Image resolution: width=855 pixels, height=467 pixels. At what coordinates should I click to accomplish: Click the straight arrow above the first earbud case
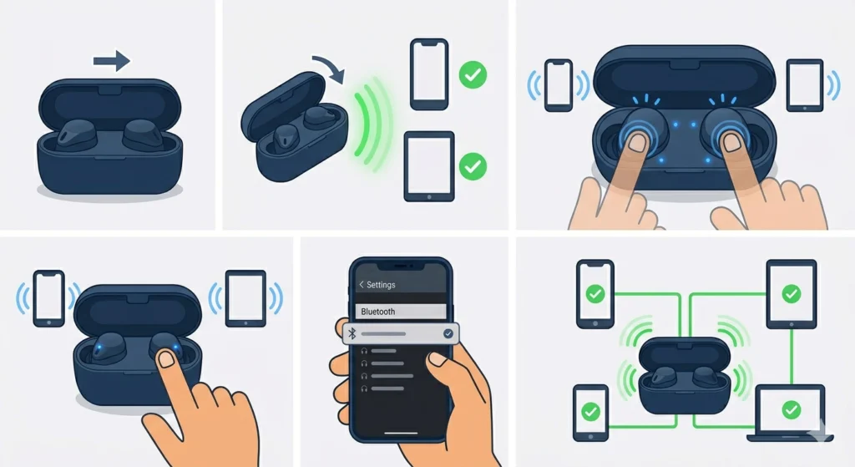click(x=112, y=60)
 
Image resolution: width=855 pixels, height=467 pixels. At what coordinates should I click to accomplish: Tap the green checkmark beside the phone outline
click(x=473, y=74)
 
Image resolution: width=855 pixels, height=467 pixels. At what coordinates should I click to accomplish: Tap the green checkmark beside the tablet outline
click(x=473, y=166)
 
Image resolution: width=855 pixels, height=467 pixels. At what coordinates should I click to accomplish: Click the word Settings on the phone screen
click(x=381, y=285)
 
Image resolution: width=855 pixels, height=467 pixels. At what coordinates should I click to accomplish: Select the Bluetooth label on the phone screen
click(x=378, y=312)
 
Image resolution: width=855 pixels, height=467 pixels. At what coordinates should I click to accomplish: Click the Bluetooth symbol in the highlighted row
click(x=352, y=333)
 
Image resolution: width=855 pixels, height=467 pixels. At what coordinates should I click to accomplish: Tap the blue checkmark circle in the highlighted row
click(x=448, y=333)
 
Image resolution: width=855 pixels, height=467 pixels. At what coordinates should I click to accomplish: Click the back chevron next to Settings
click(x=361, y=285)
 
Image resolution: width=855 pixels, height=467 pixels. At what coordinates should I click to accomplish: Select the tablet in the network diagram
click(x=792, y=294)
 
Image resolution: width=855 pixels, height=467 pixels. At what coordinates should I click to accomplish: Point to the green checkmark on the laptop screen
click(x=792, y=409)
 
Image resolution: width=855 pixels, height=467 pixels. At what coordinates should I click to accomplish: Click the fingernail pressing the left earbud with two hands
click(x=637, y=143)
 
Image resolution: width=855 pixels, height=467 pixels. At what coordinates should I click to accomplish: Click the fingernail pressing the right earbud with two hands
click(x=731, y=143)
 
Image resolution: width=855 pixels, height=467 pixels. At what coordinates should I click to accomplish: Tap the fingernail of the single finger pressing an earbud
click(x=166, y=359)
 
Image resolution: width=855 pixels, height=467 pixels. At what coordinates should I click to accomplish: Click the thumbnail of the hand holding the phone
click(x=437, y=359)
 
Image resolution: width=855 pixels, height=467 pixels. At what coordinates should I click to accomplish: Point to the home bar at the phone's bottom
click(x=401, y=434)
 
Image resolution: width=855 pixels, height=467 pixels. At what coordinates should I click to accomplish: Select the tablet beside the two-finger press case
click(x=805, y=85)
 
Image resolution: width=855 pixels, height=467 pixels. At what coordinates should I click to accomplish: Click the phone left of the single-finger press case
click(x=49, y=298)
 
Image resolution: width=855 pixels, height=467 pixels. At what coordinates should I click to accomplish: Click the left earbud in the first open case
click(x=77, y=135)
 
